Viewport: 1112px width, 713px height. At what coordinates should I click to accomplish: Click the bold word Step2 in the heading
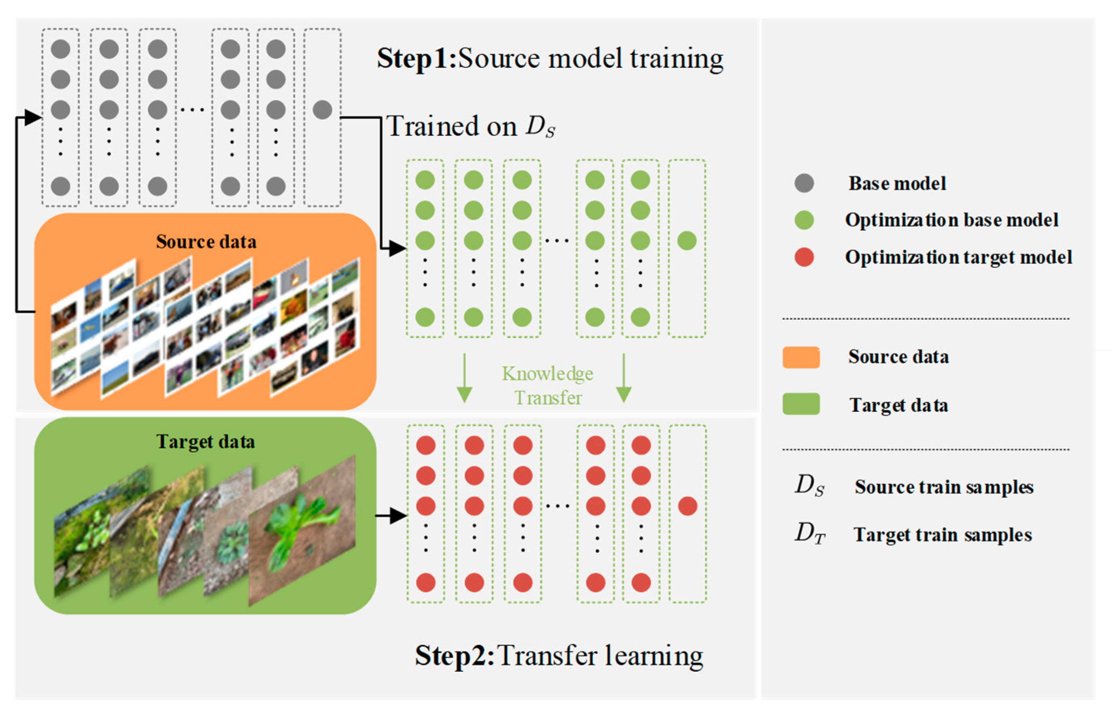[x=454, y=656]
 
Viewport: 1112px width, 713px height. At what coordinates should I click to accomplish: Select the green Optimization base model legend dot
[x=804, y=220]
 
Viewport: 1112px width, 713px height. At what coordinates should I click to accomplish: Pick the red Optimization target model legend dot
[x=804, y=257]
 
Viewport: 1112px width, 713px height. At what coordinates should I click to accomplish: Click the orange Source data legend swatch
[x=801, y=357]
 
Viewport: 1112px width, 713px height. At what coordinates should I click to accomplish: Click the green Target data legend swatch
[x=801, y=404]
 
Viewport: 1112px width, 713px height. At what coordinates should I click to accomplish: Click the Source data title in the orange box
[x=206, y=242]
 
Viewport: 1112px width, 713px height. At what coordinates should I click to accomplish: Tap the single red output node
[x=687, y=506]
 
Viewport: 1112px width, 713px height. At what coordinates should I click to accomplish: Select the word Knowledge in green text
[x=548, y=373]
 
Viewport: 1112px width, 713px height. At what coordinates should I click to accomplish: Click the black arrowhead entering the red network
[x=398, y=515]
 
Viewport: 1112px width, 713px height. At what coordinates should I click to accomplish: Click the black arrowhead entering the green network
[x=397, y=249]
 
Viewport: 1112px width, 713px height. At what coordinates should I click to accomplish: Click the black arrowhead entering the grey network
[x=32, y=118]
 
